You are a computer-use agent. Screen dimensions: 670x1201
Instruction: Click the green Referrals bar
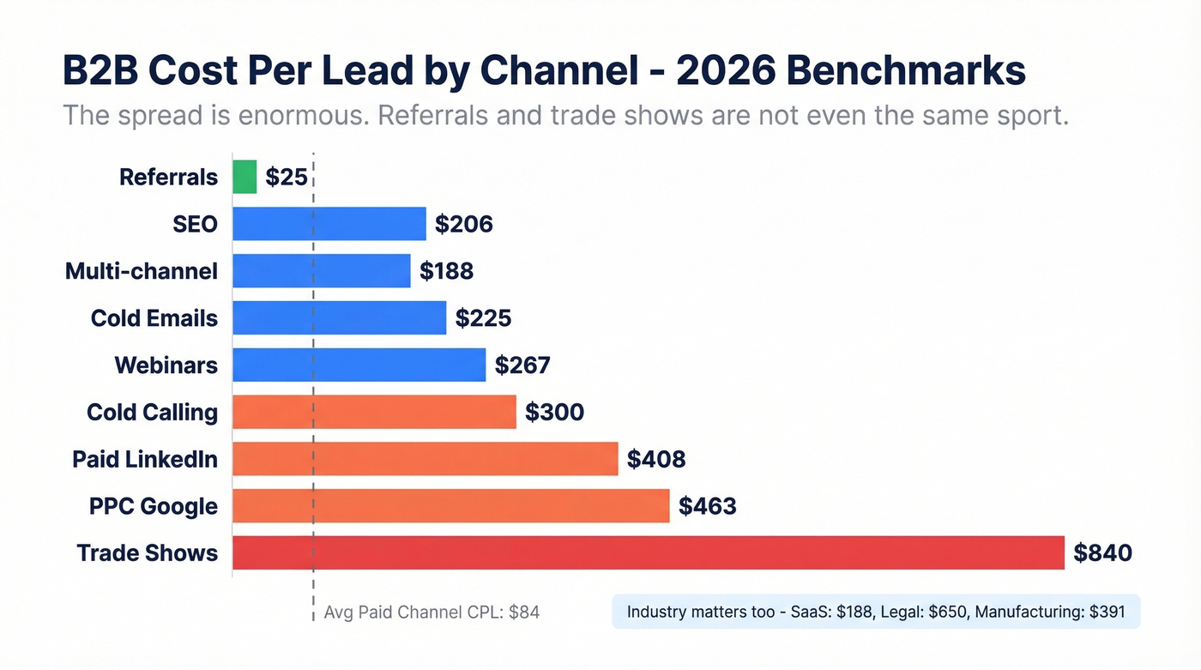[244, 177]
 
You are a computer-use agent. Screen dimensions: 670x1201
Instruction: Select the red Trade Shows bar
[648, 552]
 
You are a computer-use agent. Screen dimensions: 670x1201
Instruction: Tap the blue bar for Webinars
[359, 365]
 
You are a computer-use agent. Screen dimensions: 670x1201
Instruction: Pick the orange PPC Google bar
[450, 505]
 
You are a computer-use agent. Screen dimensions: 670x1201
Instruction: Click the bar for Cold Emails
[339, 317]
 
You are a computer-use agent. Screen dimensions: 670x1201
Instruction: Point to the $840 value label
[1102, 552]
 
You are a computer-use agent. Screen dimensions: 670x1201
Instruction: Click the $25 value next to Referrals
[286, 177]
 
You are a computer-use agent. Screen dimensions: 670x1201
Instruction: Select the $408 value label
[656, 459]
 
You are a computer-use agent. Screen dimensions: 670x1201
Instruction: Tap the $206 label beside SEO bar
[464, 224]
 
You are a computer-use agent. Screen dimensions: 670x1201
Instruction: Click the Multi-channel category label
[142, 271]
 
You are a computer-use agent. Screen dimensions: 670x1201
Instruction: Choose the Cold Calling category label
[152, 412]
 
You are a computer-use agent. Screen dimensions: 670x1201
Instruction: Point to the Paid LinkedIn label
[145, 459]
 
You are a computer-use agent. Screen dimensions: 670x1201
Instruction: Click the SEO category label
[195, 224]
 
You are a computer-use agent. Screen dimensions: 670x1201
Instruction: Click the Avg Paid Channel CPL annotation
[432, 613]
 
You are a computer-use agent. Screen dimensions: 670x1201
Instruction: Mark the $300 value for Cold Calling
[554, 412]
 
